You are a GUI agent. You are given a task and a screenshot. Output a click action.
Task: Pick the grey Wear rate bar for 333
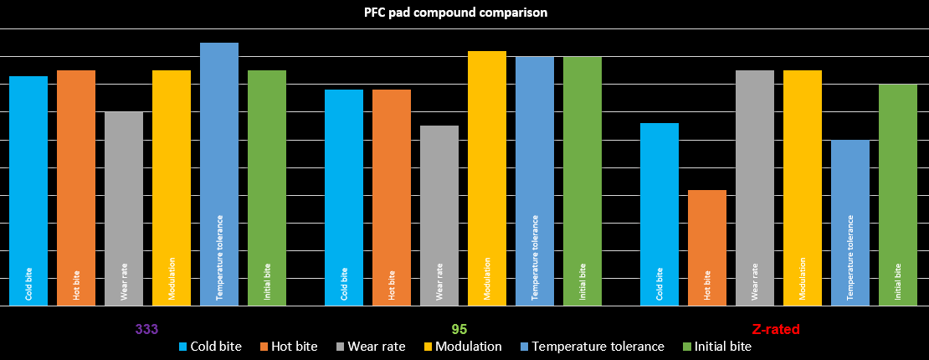pyautogui.click(x=124, y=208)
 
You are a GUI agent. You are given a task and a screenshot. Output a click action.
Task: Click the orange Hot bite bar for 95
pyautogui.click(x=392, y=198)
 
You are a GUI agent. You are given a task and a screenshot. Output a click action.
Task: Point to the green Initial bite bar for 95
pyautogui.click(x=583, y=181)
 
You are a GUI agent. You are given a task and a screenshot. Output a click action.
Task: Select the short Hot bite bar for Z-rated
pyautogui.click(x=707, y=248)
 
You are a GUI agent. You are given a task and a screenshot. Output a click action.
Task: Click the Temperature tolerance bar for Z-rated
pyautogui.click(x=850, y=223)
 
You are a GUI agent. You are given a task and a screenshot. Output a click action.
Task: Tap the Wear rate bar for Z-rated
pyautogui.click(x=755, y=188)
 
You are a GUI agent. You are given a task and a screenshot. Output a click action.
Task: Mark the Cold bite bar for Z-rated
pyautogui.click(x=660, y=214)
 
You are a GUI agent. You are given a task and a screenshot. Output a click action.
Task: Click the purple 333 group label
pyautogui.click(x=146, y=329)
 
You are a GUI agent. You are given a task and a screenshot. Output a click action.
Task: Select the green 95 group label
pyautogui.click(x=459, y=329)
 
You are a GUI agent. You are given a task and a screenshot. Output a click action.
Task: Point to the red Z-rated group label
pyautogui.click(x=778, y=329)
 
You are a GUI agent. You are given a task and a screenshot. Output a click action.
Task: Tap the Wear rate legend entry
pyautogui.click(x=367, y=347)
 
